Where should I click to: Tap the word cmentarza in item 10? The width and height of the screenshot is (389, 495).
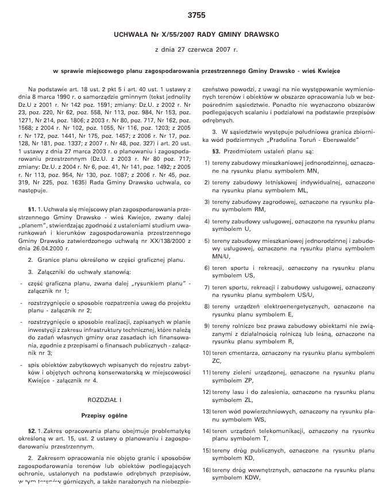point(245,353)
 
